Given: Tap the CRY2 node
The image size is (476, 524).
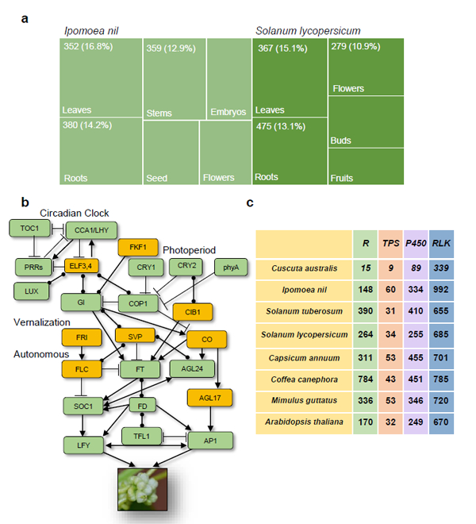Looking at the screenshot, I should coord(186,266).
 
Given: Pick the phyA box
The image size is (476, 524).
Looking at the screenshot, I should coord(231,266).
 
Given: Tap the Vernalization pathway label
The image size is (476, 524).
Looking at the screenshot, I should coord(42,322).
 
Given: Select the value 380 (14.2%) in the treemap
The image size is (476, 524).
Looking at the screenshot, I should coord(90,125).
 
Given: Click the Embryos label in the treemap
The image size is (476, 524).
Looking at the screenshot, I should coord(228,111).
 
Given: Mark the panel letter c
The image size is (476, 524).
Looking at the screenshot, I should coord(249,203).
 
